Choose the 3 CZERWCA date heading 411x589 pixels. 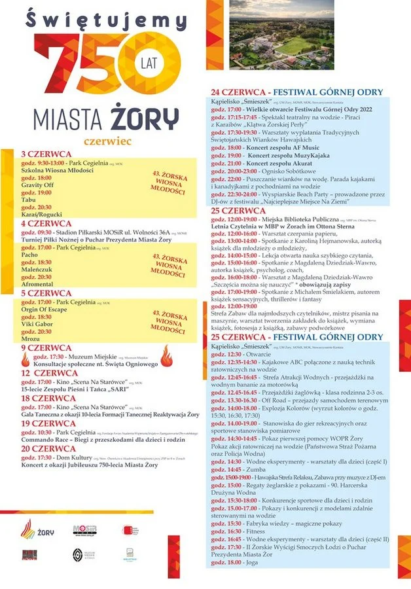(42, 154)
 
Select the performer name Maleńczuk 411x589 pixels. (38, 269)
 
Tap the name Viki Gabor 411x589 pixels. (37, 324)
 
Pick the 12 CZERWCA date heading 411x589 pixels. (44, 373)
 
